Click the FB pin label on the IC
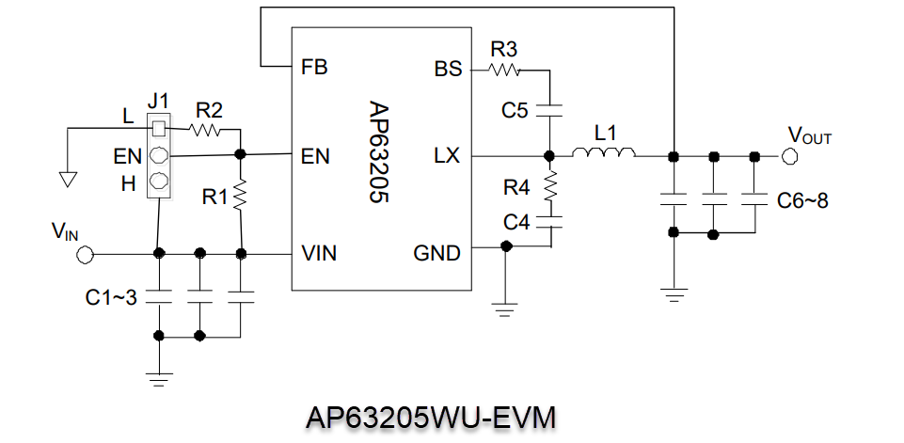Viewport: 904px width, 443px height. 314,68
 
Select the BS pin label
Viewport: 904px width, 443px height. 447,69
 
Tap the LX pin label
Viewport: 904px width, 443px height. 447,155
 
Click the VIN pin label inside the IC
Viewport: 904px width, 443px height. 320,253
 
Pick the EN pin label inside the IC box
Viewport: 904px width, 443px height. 316,156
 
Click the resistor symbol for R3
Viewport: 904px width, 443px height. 504,69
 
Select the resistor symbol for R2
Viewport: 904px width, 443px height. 207,129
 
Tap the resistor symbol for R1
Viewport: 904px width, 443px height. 242,196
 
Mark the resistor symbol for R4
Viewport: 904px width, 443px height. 551,185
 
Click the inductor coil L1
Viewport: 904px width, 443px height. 605,154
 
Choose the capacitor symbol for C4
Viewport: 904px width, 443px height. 551,223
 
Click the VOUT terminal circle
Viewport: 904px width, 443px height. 788,155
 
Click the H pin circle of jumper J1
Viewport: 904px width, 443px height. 160,181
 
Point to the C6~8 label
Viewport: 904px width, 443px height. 802,200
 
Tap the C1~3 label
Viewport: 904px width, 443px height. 111,298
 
